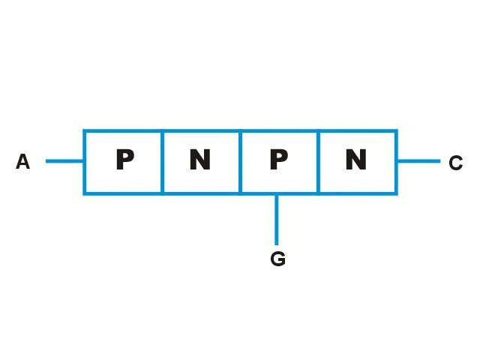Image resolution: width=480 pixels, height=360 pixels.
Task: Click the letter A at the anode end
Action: point(23,161)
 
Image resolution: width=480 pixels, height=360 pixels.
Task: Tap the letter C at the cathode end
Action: point(455,163)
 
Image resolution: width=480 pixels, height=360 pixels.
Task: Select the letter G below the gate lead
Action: point(278,259)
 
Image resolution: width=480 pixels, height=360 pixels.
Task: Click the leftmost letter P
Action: point(125,159)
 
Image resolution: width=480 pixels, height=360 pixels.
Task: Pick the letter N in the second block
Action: point(200,159)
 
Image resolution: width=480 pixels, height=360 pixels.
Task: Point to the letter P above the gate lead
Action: point(279,159)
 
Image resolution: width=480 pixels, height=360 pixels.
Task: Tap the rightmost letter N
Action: point(356,159)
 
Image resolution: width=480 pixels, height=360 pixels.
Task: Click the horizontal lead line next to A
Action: point(64,161)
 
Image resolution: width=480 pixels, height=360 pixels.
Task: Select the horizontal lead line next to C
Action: point(419,161)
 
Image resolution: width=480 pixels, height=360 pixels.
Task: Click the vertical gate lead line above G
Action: point(277,220)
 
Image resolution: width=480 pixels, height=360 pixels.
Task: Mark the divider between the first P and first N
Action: point(162,162)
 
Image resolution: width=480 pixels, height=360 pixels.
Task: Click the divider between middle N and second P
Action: point(240,162)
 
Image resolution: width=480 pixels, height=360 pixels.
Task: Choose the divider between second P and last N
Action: point(318,162)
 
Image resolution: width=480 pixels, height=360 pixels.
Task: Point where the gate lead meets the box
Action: point(277,194)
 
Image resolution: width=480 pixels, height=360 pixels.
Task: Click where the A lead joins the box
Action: point(83,161)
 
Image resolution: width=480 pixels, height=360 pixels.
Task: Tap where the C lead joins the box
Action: point(397,161)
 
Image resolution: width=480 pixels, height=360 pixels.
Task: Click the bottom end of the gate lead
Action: point(277,245)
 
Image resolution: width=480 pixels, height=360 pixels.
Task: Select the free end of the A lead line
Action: point(46,161)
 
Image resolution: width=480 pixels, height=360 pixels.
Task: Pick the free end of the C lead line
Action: point(440,161)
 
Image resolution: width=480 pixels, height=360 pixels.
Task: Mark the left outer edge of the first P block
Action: point(85,162)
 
